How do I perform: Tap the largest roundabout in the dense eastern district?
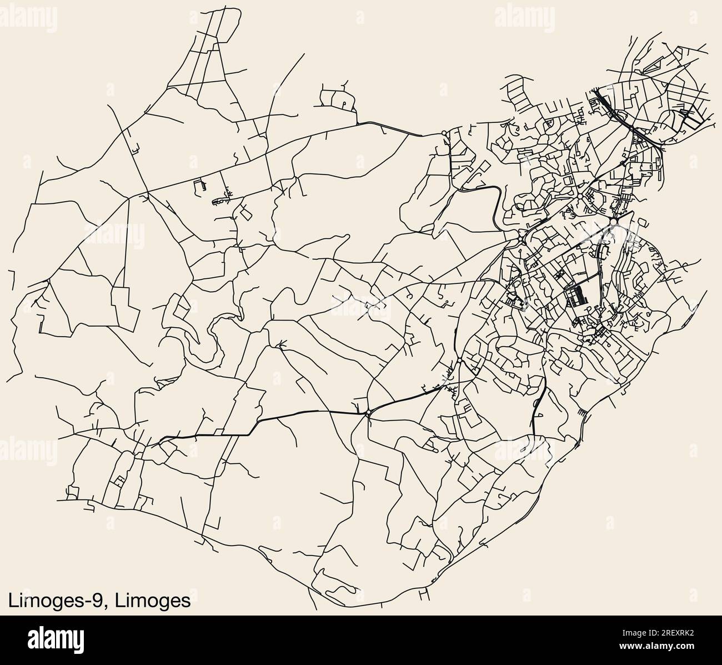[x=613, y=222]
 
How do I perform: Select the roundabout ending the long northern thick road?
[x=443, y=133]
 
